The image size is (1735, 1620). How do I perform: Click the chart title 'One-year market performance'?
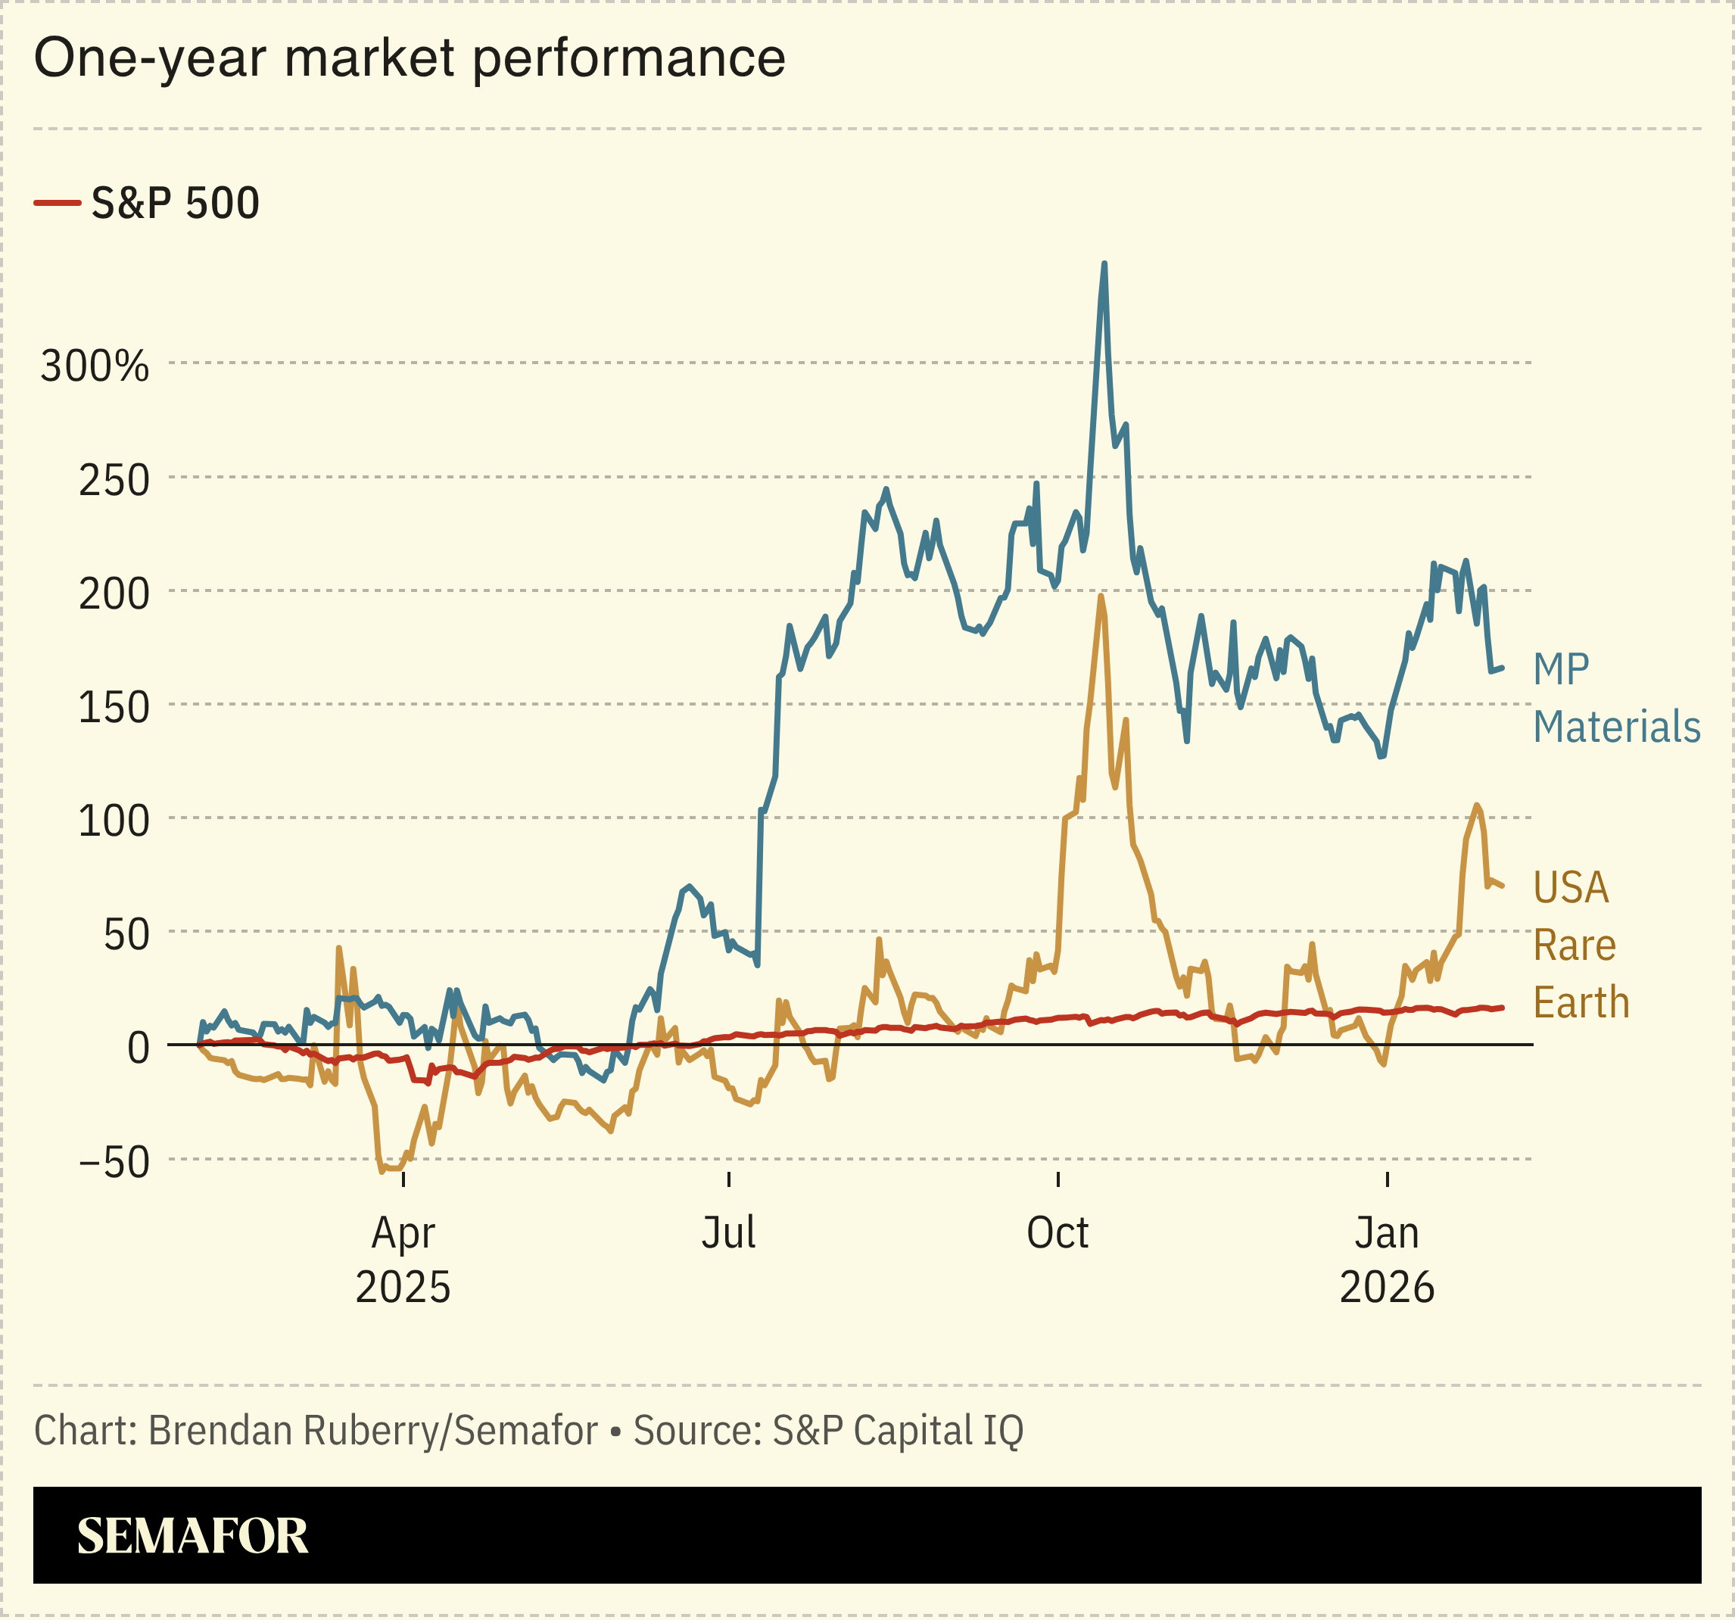tap(410, 58)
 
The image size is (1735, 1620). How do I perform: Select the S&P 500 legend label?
tap(176, 204)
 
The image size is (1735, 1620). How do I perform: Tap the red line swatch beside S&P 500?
tap(57, 204)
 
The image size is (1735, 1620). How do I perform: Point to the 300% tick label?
tap(95, 366)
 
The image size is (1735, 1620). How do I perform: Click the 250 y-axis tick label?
tap(114, 480)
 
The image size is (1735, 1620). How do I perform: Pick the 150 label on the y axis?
tap(114, 707)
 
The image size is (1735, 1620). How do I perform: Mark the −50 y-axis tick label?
tap(114, 1163)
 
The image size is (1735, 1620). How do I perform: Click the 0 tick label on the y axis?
tap(138, 1048)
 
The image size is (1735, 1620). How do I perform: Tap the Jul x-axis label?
tap(729, 1233)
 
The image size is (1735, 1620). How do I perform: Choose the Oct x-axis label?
tap(1057, 1233)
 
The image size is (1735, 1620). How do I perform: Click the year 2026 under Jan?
tap(1387, 1288)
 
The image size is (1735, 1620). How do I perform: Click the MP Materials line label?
tap(1615, 698)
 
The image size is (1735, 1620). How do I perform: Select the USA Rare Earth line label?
tap(1581, 946)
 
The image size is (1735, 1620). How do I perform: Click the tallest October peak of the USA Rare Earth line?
tap(1101, 597)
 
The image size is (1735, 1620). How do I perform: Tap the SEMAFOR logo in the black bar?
tap(192, 1536)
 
